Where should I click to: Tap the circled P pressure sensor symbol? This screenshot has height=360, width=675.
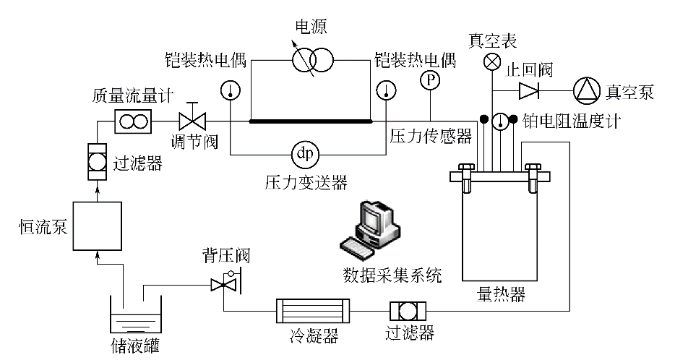click(431, 80)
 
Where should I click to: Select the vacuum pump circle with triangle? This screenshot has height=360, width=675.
click(587, 90)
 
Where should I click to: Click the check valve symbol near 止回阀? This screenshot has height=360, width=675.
click(529, 90)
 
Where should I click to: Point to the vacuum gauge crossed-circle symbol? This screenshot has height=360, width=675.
click(492, 62)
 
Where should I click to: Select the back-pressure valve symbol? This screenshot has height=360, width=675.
click(221, 283)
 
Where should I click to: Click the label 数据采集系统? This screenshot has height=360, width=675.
click(392, 275)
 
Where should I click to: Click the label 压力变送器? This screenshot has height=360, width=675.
click(306, 182)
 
